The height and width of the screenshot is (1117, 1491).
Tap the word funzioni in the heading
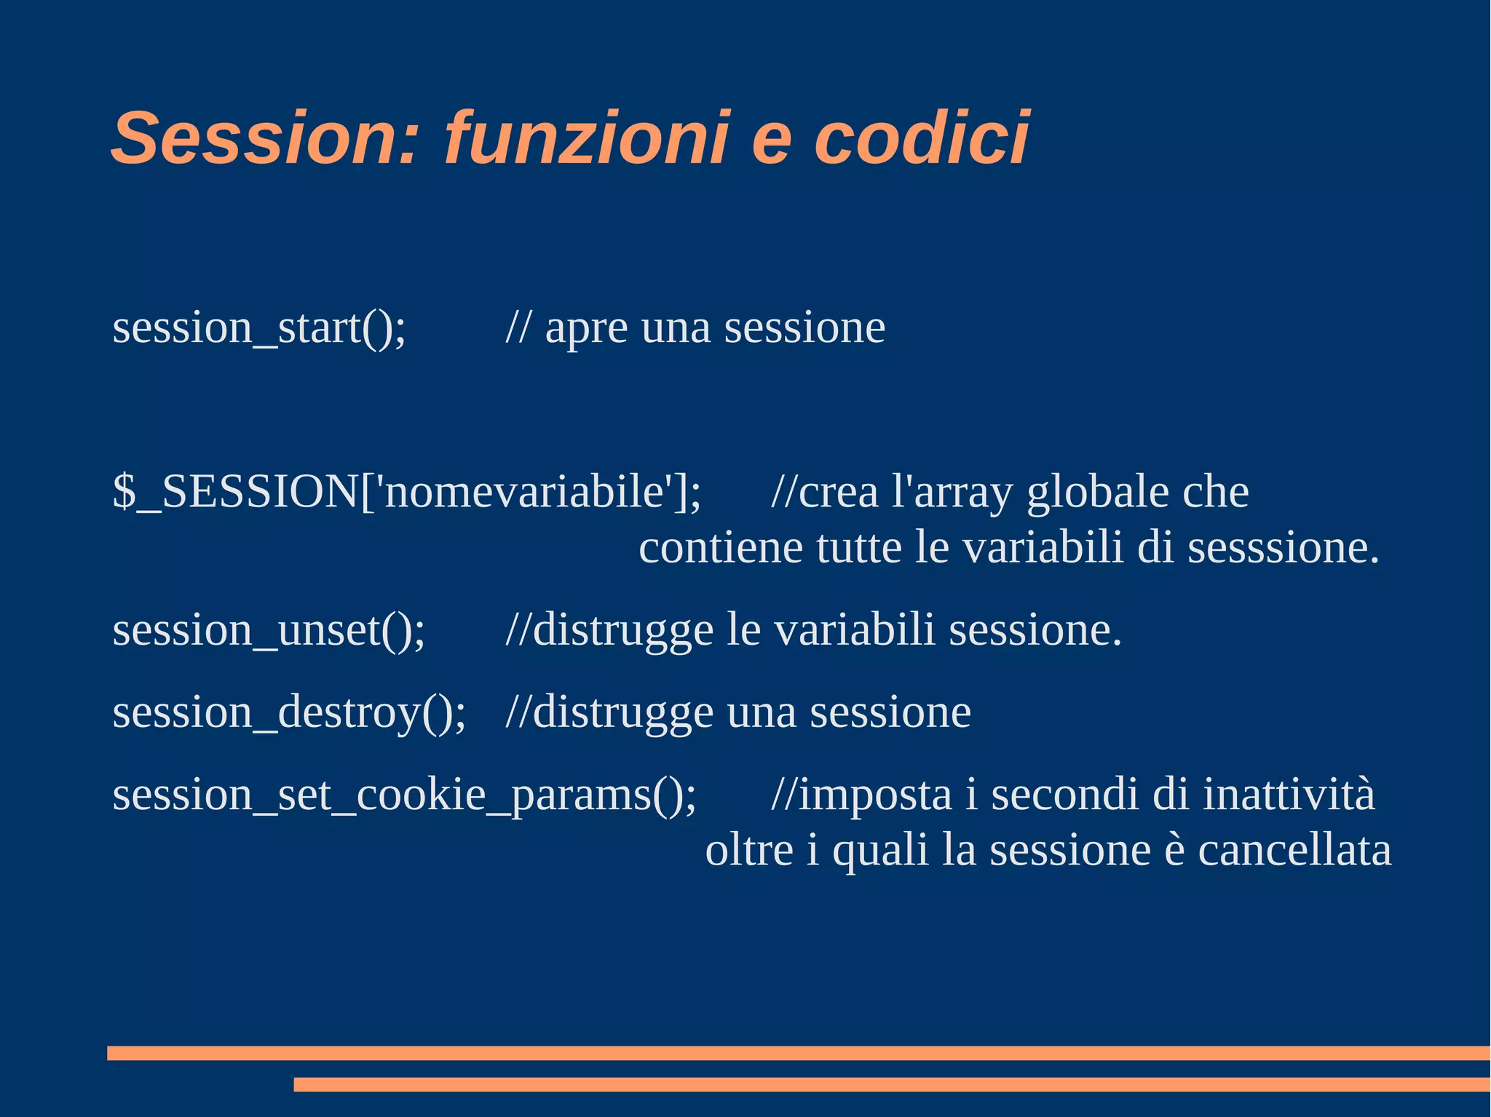click(x=586, y=138)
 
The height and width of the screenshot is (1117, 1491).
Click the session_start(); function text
click(x=259, y=328)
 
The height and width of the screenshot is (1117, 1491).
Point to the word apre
click(x=586, y=330)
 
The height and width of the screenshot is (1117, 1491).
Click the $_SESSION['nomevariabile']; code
click(x=407, y=493)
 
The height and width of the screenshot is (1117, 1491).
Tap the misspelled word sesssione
click(x=1283, y=548)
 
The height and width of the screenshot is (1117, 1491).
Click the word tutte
click(x=859, y=548)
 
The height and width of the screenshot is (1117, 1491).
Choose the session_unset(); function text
click(x=269, y=630)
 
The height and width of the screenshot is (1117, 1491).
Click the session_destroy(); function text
click(x=289, y=712)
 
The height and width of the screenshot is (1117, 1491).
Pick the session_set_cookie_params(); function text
click(x=404, y=795)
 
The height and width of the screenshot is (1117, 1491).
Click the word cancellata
click(x=1294, y=850)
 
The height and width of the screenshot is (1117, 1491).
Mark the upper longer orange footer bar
click(x=798, y=1053)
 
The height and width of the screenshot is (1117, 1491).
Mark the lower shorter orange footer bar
click(x=891, y=1084)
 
